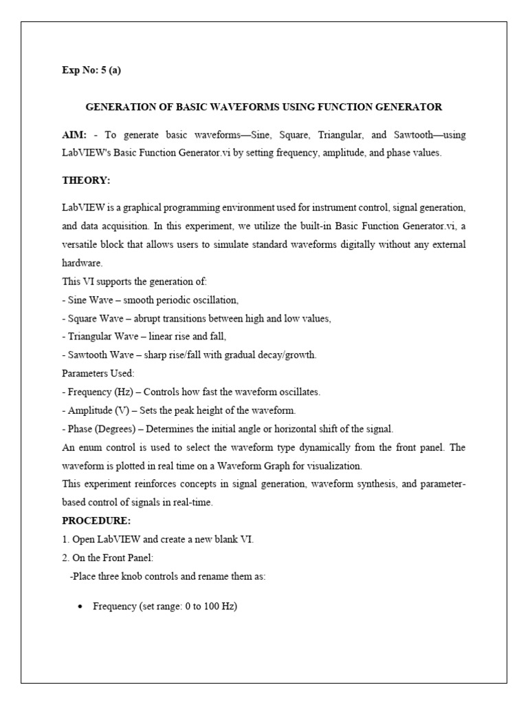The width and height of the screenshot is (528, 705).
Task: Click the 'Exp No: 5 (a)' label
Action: tap(91, 70)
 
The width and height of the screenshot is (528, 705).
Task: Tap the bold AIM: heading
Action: tap(74, 135)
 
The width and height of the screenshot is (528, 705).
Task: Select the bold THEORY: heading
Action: tap(86, 180)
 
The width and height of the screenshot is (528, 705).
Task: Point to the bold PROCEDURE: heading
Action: tap(96, 521)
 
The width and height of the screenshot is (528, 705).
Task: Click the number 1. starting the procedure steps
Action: tap(65, 539)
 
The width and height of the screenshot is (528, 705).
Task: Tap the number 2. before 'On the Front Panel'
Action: tap(65, 558)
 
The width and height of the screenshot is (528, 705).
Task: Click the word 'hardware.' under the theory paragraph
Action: tap(82, 263)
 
